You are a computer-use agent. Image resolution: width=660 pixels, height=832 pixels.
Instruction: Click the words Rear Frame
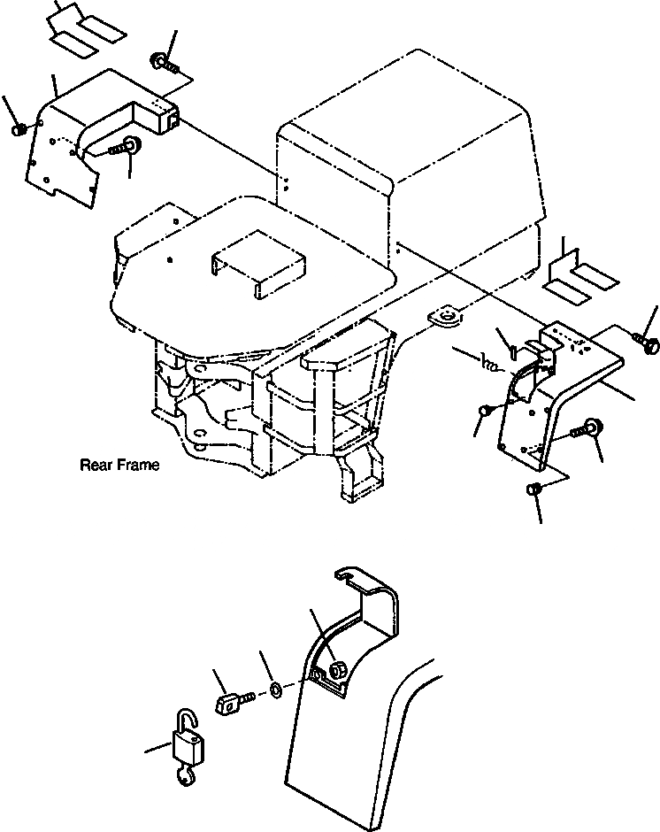coord(119,465)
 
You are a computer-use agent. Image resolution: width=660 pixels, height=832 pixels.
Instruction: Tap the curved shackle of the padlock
coord(188,720)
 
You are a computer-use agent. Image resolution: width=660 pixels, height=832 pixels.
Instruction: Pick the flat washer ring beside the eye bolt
coord(277,689)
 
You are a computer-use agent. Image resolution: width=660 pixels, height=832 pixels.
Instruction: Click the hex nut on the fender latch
coord(335,671)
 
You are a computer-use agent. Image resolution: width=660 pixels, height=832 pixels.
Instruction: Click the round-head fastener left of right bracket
coord(486,410)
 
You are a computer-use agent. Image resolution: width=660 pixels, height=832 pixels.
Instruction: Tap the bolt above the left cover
coord(165,62)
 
